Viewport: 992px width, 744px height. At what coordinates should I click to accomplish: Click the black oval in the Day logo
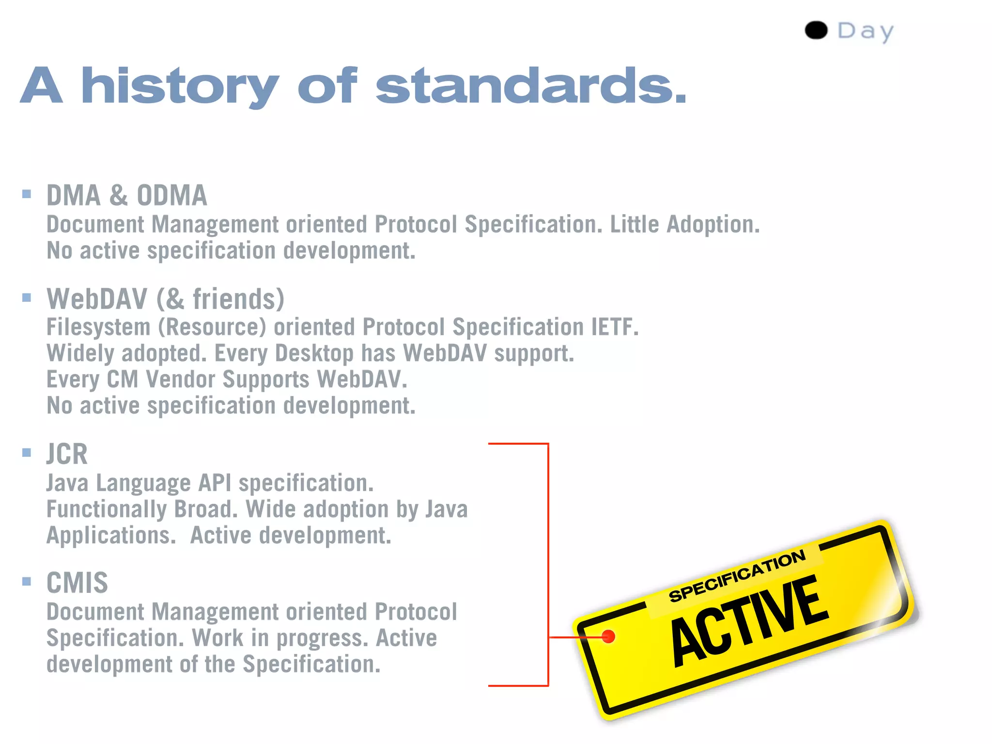(x=816, y=30)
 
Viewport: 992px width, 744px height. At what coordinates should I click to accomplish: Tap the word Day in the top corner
(x=866, y=31)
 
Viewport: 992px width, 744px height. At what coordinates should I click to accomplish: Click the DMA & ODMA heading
(x=126, y=195)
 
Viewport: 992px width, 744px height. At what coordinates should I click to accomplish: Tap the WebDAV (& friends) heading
(x=165, y=299)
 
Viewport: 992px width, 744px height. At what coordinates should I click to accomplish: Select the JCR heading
(x=67, y=454)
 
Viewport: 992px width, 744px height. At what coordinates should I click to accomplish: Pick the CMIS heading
(x=77, y=583)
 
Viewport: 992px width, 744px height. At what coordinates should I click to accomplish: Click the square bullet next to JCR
(x=27, y=453)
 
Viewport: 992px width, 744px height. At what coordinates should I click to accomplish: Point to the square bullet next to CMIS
(x=27, y=581)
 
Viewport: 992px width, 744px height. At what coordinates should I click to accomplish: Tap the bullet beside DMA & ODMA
(x=27, y=194)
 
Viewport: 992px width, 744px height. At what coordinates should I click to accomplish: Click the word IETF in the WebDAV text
(x=614, y=327)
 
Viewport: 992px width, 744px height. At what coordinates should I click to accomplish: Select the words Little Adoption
(x=684, y=224)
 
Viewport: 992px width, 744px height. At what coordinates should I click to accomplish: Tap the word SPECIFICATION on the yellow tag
(x=737, y=576)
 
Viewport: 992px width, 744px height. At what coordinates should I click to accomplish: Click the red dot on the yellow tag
(x=608, y=636)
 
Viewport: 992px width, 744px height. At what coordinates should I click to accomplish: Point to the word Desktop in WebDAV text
(x=314, y=354)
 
